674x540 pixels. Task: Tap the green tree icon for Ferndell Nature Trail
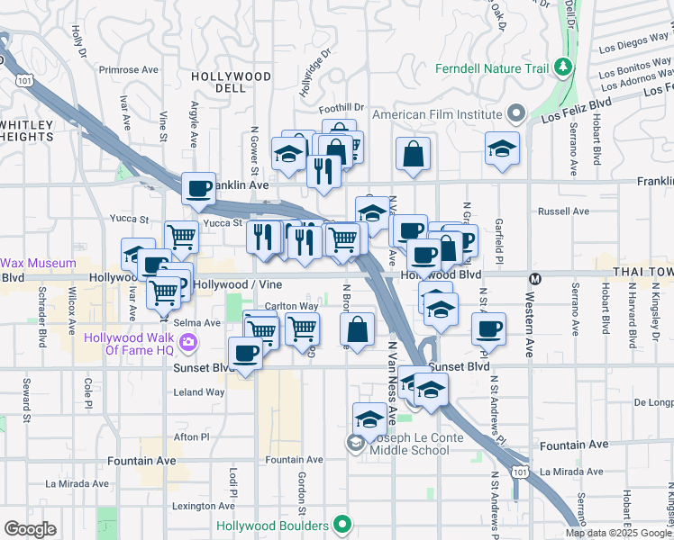564,67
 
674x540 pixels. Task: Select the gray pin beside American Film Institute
516,114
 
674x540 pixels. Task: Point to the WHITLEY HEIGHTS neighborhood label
27,130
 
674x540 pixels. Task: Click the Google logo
30,529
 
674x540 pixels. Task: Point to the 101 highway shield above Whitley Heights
24,81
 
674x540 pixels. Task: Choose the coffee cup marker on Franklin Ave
198,188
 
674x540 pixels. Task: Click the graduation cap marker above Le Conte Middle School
369,419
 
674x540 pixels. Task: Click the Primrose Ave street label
129,69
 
